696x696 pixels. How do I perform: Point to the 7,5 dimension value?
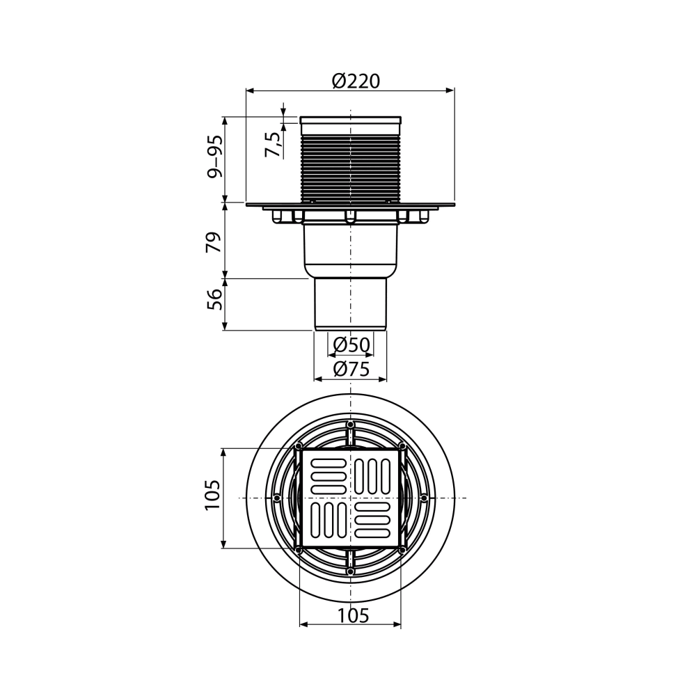point(274,144)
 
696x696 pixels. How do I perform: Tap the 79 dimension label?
point(216,241)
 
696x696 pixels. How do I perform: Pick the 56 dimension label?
point(216,299)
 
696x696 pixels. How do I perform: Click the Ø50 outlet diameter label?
point(351,344)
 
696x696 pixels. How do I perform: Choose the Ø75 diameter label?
point(351,370)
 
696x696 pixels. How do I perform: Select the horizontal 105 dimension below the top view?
point(350,615)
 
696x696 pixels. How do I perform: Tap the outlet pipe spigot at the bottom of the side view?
point(351,303)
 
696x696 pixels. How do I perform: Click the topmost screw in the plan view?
point(350,425)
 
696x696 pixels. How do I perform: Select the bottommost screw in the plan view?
point(350,571)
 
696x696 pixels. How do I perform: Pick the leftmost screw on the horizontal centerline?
point(277,498)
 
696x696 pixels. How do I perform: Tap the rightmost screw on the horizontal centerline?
point(424,498)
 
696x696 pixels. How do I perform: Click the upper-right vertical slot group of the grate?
point(374,475)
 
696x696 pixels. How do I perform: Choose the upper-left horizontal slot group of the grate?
point(327,475)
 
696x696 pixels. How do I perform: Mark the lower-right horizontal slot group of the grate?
point(374,522)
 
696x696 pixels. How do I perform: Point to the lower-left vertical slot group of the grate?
point(327,522)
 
